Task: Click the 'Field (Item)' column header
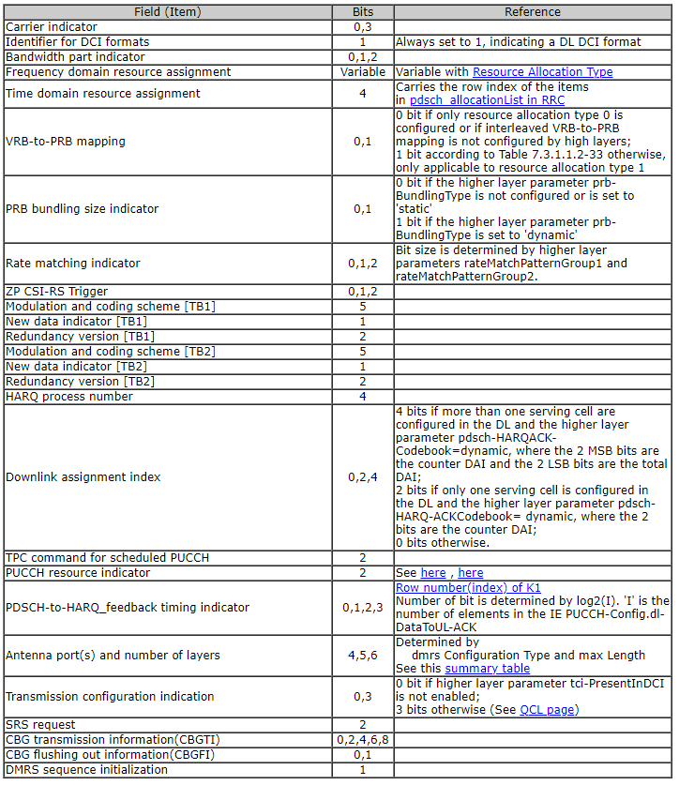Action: tap(168, 12)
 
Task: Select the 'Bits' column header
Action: tap(362, 12)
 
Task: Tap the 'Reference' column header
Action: tap(532, 12)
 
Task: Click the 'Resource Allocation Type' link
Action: tap(542, 72)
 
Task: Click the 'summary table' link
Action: tap(487, 669)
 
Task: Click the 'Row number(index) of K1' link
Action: tap(467, 588)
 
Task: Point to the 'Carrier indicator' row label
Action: tap(44, 27)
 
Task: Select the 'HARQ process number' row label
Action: tap(69, 397)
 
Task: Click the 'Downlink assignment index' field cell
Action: tap(83, 477)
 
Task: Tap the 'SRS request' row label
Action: tap(39, 725)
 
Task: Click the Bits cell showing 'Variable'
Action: tap(362, 72)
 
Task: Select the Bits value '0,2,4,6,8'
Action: tap(362, 740)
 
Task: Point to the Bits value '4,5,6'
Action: tap(362, 656)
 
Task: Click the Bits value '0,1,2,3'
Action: tap(362, 608)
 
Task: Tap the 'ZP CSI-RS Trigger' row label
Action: tap(56, 292)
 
